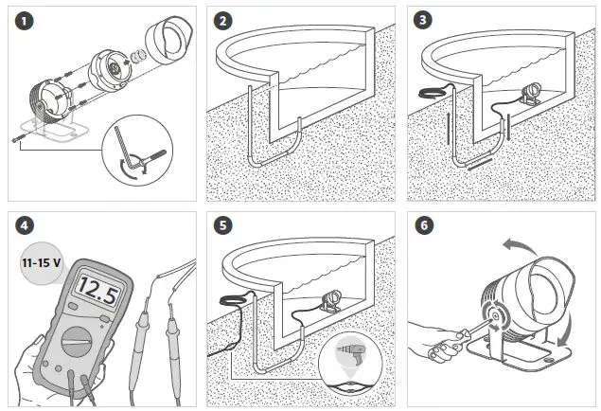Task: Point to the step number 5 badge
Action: pyautogui.click(x=222, y=226)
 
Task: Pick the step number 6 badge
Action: pyautogui.click(x=423, y=226)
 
